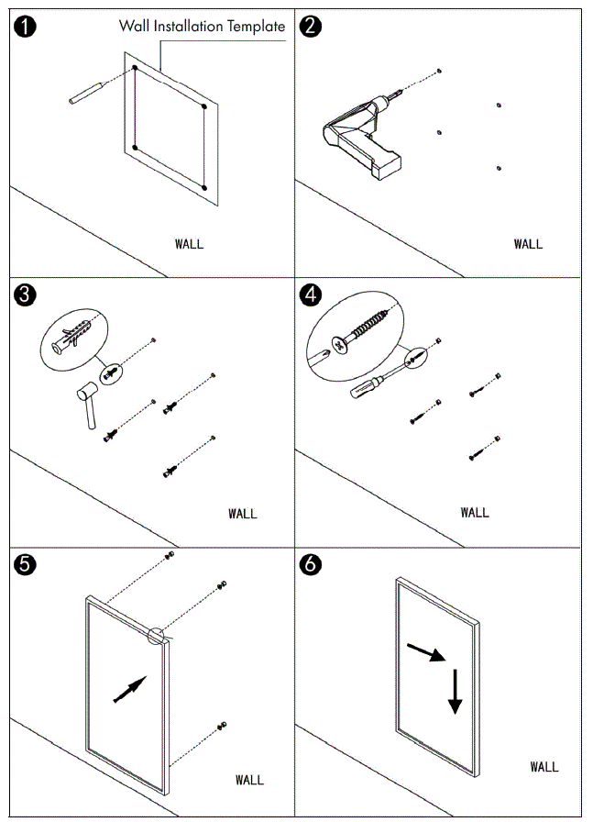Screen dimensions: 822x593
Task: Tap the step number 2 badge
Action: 312,27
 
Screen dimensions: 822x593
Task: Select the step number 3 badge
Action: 27,295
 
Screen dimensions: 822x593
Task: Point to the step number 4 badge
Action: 312,295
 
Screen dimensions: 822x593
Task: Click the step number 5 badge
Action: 27,564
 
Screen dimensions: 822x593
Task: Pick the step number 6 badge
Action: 312,564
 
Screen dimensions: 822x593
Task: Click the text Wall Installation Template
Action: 202,26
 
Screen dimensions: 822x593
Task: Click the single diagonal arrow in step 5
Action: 129,690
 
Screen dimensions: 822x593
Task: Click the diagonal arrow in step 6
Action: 425,652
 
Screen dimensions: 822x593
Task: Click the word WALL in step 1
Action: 189,244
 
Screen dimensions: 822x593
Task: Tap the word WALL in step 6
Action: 544,766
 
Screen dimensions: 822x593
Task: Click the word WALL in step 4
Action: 474,512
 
